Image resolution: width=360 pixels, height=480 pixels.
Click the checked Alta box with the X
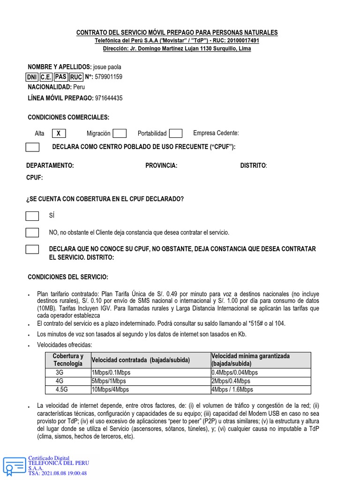[58, 134]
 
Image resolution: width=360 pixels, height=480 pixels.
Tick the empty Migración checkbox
[120, 134]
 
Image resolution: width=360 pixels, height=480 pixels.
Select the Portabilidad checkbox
[176, 134]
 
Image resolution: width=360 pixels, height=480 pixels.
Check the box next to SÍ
[32, 216]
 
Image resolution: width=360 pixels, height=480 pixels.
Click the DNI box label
[32, 77]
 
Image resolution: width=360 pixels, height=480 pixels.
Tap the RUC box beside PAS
[76, 77]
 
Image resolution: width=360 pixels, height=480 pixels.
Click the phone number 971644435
[109, 98]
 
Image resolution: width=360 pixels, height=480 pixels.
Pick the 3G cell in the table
[60, 373]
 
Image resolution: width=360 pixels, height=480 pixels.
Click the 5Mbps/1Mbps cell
[109, 381]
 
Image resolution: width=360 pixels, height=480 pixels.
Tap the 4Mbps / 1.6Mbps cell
[232, 390]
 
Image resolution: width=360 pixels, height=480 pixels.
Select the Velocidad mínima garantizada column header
[250, 360]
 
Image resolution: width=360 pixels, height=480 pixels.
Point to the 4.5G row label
[61, 390]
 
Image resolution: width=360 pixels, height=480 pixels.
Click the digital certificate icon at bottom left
[14, 466]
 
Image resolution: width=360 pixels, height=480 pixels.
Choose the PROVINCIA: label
[161, 165]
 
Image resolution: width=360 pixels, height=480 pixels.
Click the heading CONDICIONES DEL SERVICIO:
[68, 277]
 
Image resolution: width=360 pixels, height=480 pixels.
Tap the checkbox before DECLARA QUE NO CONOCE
[32, 249]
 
